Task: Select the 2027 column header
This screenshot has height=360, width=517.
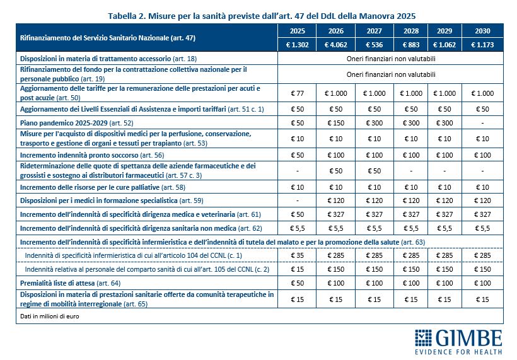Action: (x=374, y=31)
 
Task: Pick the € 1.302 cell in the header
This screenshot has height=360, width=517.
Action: (x=297, y=45)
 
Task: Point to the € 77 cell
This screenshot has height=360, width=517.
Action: (x=297, y=93)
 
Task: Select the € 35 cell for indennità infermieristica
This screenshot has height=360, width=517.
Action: (x=297, y=256)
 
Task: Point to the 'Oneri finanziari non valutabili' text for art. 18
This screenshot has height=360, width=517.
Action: (x=391, y=59)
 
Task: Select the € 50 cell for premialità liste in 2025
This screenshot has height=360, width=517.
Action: (x=297, y=284)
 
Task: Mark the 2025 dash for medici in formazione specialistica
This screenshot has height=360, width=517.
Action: (x=297, y=201)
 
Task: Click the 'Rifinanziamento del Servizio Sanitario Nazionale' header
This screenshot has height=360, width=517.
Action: (x=108, y=38)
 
